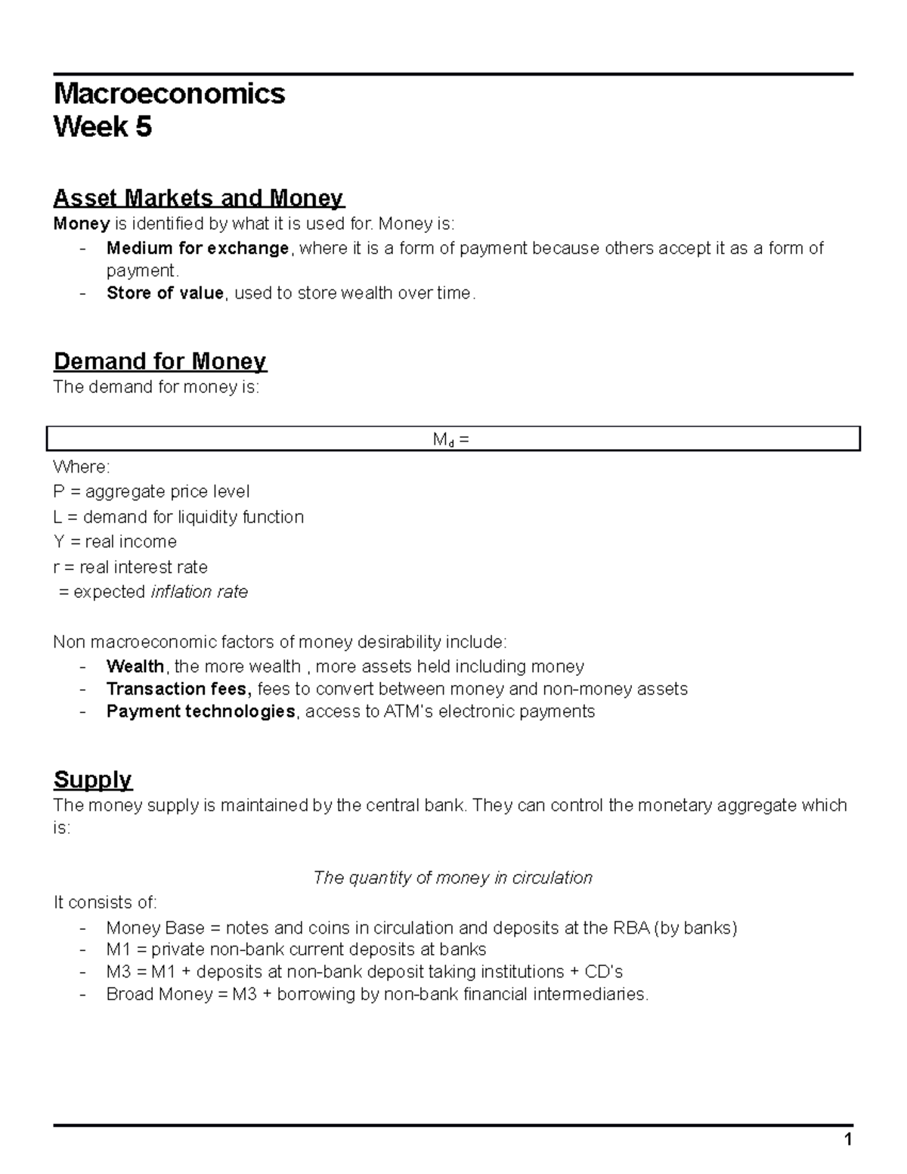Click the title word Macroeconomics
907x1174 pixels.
point(169,94)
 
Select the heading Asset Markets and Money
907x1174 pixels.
point(198,198)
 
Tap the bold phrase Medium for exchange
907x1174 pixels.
point(197,248)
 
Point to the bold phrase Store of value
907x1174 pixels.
point(165,293)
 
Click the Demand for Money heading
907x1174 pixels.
point(159,361)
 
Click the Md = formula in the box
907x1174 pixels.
point(451,439)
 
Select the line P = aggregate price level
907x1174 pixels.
point(151,492)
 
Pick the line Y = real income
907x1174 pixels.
point(115,542)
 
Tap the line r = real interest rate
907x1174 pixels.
point(130,567)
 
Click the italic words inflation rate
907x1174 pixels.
point(200,592)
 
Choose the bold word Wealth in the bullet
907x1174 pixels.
point(135,667)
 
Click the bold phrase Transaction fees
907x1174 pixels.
point(178,689)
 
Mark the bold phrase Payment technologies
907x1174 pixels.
point(200,712)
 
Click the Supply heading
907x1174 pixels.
point(92,779)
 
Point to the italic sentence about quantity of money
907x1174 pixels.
point(452,878)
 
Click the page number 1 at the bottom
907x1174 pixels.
point(848,1141)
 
